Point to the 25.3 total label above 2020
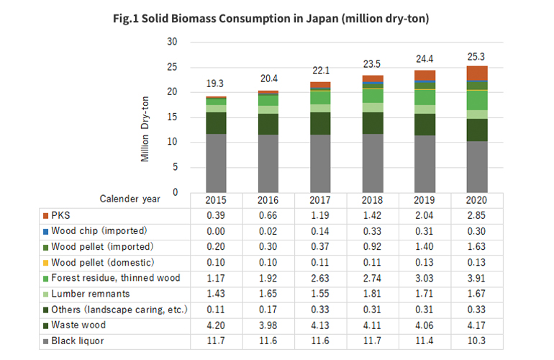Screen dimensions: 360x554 477,55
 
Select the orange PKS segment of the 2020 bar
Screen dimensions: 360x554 477,73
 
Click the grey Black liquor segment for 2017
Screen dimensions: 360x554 321,163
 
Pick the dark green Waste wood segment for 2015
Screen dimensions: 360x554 217,122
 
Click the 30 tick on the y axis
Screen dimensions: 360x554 172,42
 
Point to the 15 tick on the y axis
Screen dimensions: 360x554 172,117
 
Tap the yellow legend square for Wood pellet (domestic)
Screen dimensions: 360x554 47,262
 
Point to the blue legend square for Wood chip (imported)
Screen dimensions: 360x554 47,231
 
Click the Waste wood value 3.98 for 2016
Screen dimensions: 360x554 268,324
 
